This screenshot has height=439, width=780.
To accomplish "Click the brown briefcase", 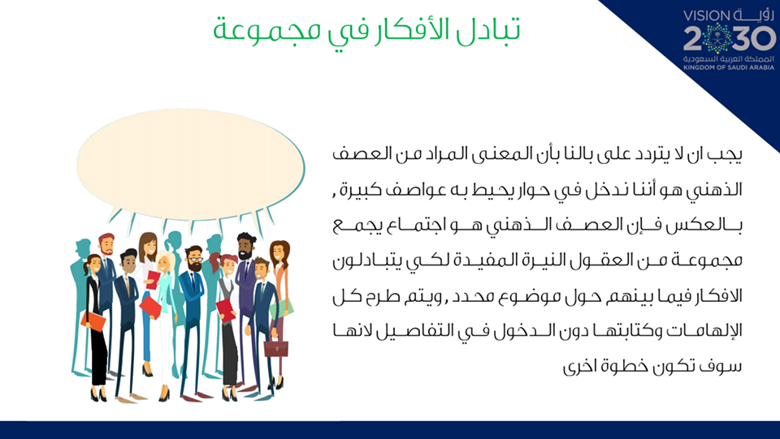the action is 276,348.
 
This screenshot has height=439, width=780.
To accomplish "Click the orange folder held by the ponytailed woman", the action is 93,321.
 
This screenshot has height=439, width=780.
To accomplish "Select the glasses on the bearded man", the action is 195,259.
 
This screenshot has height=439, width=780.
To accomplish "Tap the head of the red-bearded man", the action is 106,243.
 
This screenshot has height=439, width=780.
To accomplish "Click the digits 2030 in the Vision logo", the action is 730,39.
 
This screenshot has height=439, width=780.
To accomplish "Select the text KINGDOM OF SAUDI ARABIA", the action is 729,67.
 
